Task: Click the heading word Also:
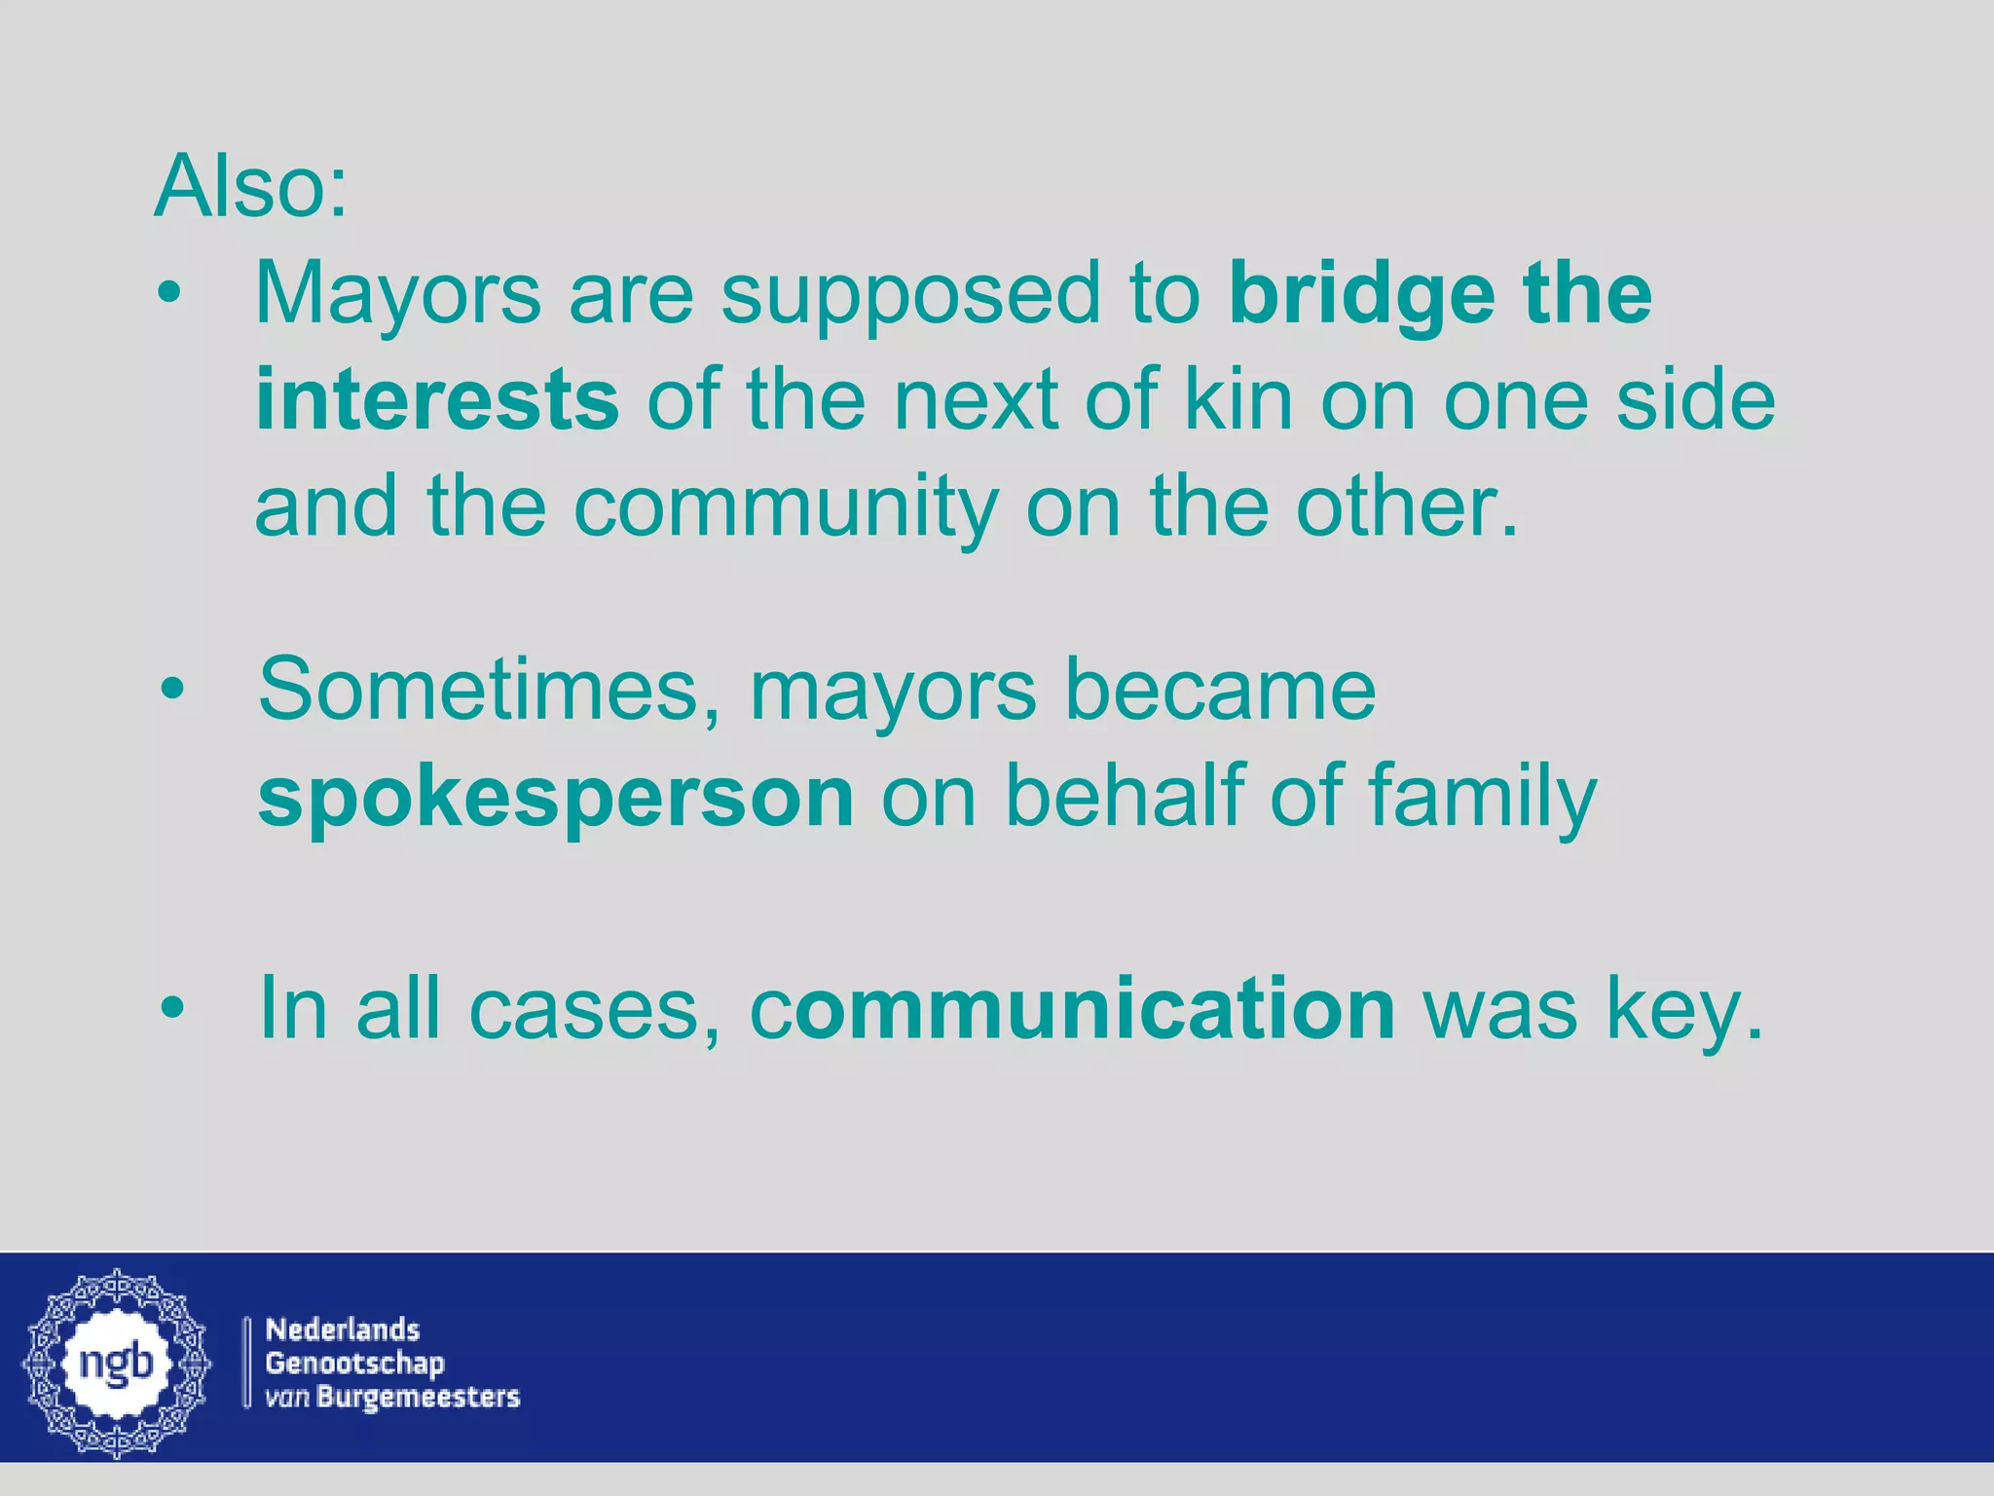[250, 187]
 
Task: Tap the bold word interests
[436, 400]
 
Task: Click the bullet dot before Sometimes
[172, 692]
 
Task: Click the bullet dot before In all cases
[172, 1009]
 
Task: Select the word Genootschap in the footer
[354, 1363]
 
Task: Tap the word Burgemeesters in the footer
[419, 1397]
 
